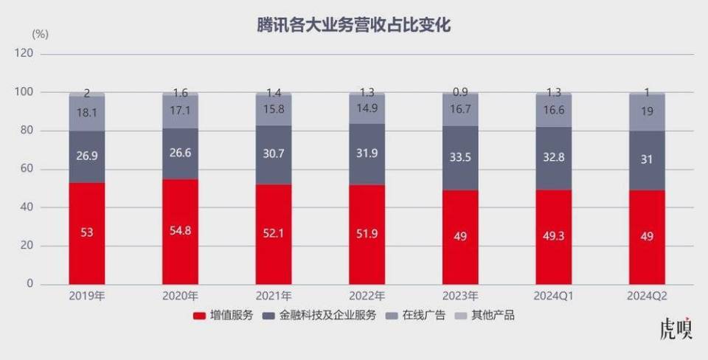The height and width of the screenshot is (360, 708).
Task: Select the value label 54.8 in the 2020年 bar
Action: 181,231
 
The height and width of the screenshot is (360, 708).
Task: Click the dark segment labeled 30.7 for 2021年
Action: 274,156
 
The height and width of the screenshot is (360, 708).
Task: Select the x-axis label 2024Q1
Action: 553,296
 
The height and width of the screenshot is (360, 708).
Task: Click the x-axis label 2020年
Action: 181,296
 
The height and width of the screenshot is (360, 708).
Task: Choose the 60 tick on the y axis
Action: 27,169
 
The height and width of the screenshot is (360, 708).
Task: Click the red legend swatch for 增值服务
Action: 198,316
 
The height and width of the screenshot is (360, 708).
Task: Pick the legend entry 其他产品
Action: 493,316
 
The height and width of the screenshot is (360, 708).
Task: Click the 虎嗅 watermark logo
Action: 676,330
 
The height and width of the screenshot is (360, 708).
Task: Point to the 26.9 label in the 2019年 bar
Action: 87,157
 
